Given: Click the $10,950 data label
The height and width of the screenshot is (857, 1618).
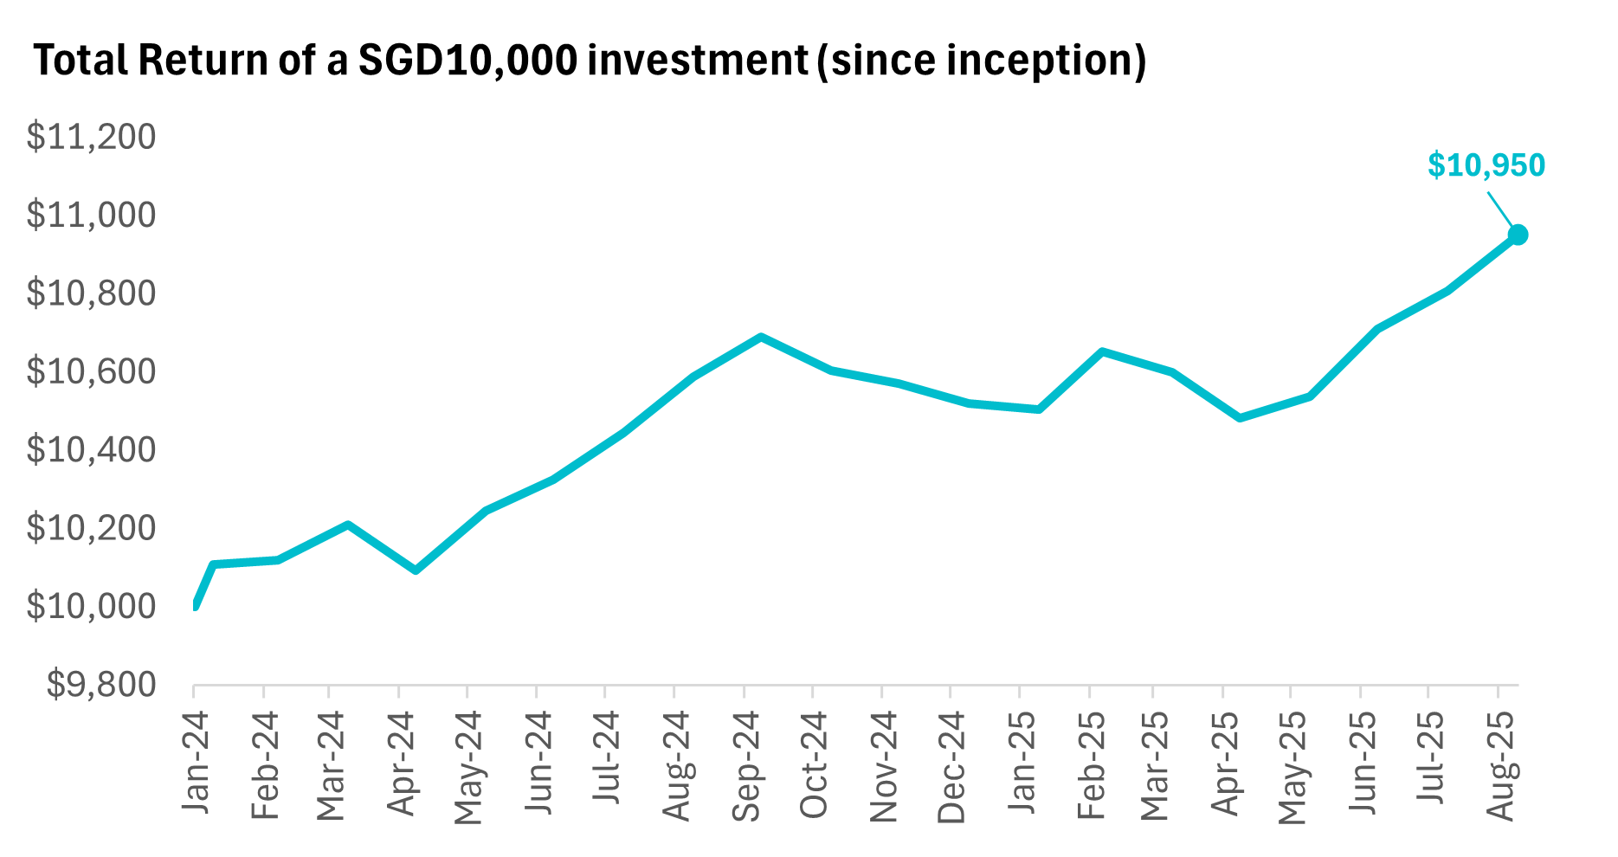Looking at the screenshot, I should pyautogui.click(x=1486, y=165).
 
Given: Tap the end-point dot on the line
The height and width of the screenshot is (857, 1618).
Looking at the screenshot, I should pyautogui.click(x=1518, y=235).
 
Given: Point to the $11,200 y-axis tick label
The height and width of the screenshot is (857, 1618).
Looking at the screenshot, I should pyautogui.click(x=91, y=137).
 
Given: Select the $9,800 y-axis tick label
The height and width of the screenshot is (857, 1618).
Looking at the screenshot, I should pyautogui.click(x=101, y=686).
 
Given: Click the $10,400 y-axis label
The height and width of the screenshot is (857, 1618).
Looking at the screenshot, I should pyautogui.click(x=91, y=450).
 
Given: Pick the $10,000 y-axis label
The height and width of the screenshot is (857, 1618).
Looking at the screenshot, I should pyautogui.click(x=91, y=607).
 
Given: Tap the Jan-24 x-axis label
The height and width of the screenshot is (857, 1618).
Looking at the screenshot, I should pyautogui.click(x=196, y=762).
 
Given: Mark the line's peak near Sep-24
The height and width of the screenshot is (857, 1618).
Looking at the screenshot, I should pyautogui.click(x=760, y=337).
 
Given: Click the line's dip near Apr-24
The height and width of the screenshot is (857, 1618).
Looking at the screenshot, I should pyautogui.click(x=416, y=570).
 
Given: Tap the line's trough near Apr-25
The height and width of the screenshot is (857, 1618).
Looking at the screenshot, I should pyautogui.click(x=1240, y=418).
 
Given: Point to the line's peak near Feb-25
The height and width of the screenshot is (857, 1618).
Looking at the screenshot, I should pyautogui.click(x=1102, y=351).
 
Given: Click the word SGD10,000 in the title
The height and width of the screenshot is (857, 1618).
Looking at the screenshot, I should pyautogui.click(x=467, y=61).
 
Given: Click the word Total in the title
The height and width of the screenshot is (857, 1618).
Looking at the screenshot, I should pyautogui.click(x=78, y=61).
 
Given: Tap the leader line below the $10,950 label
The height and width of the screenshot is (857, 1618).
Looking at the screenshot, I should pyautogui.click(x=1501, y=209).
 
